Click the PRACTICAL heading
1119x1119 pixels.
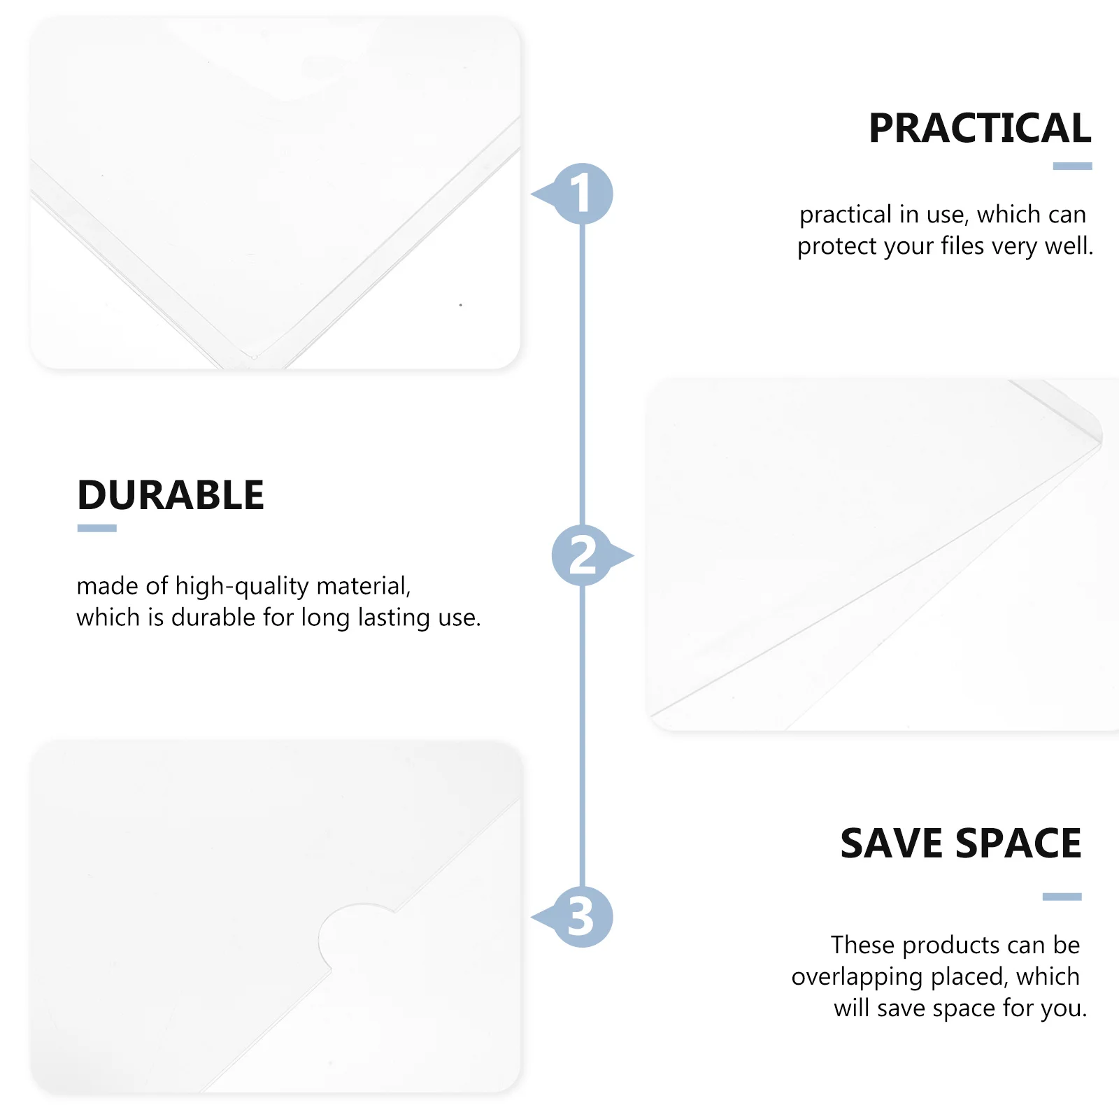tap(979, 129)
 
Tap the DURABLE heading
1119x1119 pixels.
tap(171, 496)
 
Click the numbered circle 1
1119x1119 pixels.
tap(582, 194)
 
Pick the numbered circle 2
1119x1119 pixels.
tap(582, 555)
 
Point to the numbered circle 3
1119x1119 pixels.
tap(582, 917)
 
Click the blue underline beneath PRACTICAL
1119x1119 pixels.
tap(1072, 166)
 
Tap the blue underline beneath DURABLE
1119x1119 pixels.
tap(97, 529)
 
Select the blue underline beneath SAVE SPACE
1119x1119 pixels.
tap(1062, 897)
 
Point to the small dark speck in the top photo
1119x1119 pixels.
tap(460, 305)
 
